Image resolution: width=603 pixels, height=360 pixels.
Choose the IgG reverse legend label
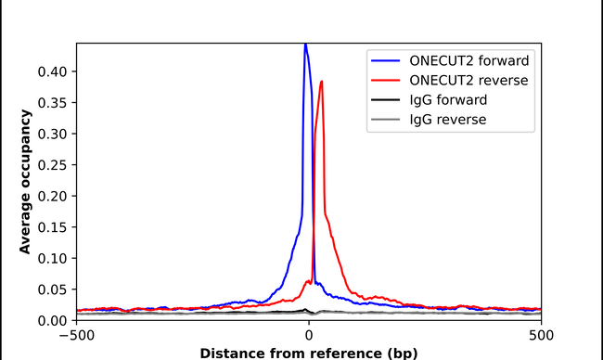point(448,119)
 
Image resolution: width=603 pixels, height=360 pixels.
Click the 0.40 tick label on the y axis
point(53,71)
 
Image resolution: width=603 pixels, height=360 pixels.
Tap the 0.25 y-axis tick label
point(53,164)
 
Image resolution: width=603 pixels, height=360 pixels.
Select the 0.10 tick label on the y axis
point(53,258)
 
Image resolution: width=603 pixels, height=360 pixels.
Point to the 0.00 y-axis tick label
point(53,320)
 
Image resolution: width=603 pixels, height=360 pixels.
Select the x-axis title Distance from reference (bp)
point(309,352)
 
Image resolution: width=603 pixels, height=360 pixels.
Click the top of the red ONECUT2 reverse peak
point(321,82)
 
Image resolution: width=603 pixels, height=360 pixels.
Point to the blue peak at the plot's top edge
point(304,45)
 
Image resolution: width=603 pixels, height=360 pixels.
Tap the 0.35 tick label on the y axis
point(53,102)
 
